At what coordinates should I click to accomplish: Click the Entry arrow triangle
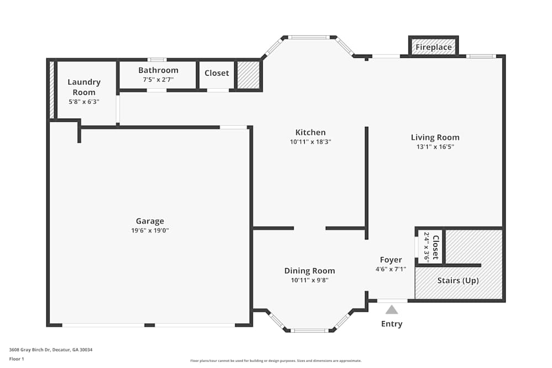point(391,310)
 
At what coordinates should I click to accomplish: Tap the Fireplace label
point(434,47)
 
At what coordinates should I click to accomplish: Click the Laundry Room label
point(84,87)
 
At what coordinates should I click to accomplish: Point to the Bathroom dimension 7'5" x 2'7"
point(158,79)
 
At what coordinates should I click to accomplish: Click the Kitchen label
point(310,132)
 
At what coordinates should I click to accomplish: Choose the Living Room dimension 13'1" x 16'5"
point(435,147)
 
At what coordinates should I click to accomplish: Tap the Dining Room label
point(309,270)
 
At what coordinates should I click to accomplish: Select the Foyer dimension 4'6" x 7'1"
point(391,269)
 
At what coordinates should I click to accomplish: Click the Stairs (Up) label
point(458,280)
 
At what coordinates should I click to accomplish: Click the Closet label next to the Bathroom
point(216,73)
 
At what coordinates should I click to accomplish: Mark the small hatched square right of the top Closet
point(248,74)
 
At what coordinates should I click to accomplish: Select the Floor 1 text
point(17,359)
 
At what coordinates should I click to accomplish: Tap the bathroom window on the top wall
point(157,60)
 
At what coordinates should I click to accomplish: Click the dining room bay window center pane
point(310,330)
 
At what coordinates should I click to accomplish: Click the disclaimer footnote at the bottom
point(275,361)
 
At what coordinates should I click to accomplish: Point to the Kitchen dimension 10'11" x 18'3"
point(310,142)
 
